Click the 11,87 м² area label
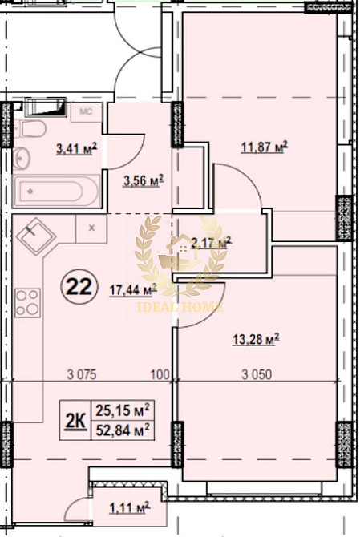[264, 147]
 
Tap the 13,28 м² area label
[256, 340]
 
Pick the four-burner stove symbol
[27, 303]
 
